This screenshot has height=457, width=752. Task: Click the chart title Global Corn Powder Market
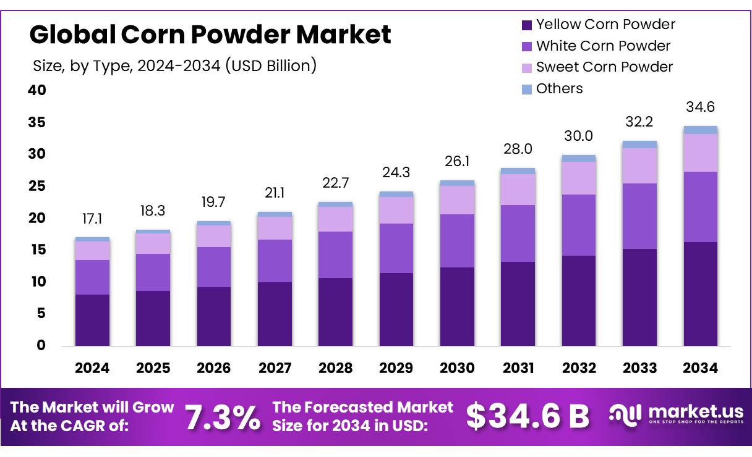coord(210,35)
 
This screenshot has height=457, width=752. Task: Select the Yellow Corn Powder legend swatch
coord(527,25)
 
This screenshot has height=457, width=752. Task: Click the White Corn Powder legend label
coord(603,46)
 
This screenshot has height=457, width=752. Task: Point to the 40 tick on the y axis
coord(36,90)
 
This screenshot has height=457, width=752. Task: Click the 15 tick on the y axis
coord(36,249)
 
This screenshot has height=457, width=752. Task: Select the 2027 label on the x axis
coord(275,368)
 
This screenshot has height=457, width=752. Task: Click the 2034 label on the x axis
coord(700,368)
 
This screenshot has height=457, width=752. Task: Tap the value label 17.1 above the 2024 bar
coord(92,220)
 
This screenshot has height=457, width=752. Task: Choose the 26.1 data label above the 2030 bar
coord(457,161)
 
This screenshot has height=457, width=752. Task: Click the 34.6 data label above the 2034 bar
coord(700,107)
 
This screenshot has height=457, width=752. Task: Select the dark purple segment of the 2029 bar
coord(396,309)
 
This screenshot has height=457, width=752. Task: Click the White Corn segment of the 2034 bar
coord(700,207)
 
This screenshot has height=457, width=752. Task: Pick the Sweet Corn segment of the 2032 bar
coord(579,178)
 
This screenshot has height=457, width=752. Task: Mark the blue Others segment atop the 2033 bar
coord(639,145)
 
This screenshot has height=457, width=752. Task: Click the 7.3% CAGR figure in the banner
coord(223,417)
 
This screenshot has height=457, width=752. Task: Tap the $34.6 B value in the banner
coord(528,416)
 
